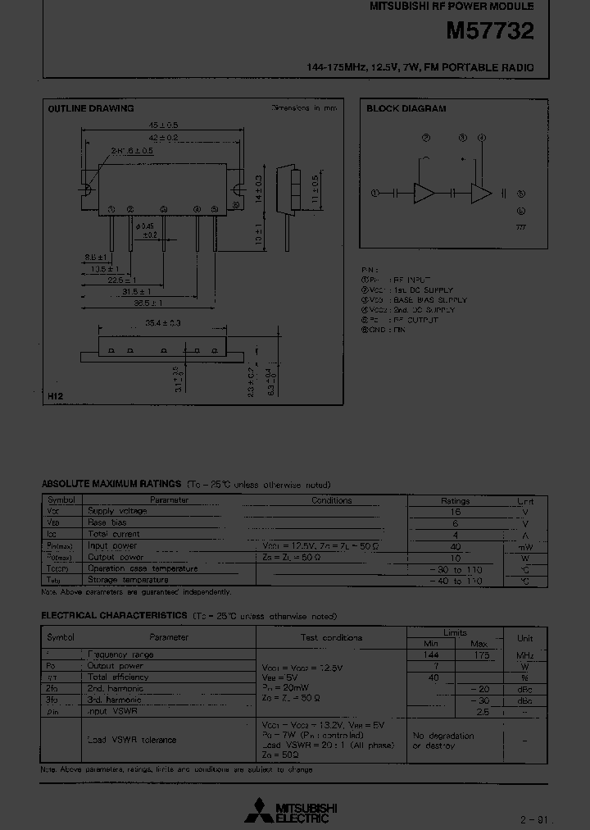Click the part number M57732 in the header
(x=489, y=32)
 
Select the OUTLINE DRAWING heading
(x=90, y=108)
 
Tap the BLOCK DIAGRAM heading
(x=406, y=108)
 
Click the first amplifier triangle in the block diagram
(x=425, y=194)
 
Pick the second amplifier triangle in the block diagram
(x=480, y=194)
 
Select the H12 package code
(x=55, y=396)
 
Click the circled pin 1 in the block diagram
(x=374, y=194)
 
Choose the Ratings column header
(x=455, y=500)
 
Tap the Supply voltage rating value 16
(x=456, y=511)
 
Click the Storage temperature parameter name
(x=131, y=581)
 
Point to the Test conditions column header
(x=331, y=637)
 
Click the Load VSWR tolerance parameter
(x=131, y=740)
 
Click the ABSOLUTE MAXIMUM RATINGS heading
(x=111, y=485)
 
